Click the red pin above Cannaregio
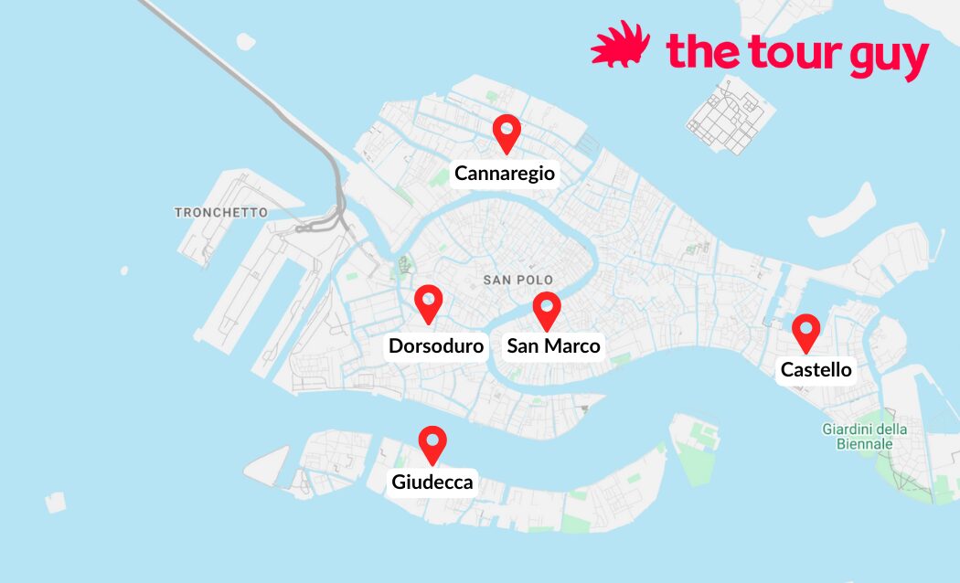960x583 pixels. (x=506, y=132)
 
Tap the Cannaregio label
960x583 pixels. (x=505, y=174)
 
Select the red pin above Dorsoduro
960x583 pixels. (x=428, y=302)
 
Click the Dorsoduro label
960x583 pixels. (x=436, y=346)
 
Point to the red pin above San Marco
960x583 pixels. (x=547, y=310)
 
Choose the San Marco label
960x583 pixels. (x=553, y=345)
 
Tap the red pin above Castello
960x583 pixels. (x=805, y=332)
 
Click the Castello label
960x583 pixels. (x=816, y=370)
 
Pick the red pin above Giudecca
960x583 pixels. (x=432, y=443)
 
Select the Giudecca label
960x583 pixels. (x=432, y=482)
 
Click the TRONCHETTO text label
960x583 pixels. (x=221, y=212)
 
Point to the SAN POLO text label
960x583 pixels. (x=518, y=279)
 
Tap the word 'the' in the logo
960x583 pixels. (x=699, y=52)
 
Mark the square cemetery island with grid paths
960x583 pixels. (x=731, y=114)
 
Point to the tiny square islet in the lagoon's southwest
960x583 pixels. (x=56, y=502)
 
